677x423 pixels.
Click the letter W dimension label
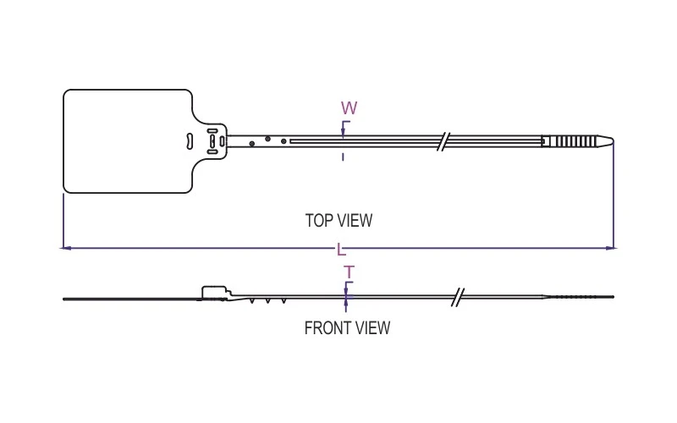coord(349,108)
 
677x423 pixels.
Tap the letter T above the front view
coord(348,272)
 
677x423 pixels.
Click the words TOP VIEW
coord(338,221)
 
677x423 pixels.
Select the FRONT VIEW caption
coord(347,328)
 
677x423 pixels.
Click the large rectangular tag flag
coord(127,141)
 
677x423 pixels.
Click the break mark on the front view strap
coord(458,297)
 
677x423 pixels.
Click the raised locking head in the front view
coord(215,292)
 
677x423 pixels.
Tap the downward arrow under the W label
coord(343,130)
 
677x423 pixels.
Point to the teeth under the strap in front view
coord(269,301)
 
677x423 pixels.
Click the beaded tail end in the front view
coord(584,297)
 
